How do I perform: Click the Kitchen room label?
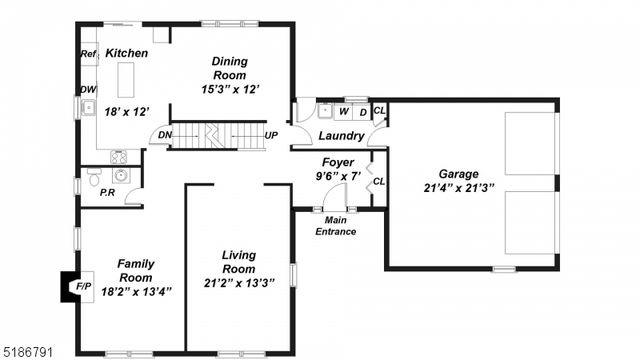click(127, 53)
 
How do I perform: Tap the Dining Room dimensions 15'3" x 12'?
click(230, 88)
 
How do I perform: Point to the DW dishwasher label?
click(88, 90)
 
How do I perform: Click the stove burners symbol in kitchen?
click(118, 156)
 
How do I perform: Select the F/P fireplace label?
click(84, 286)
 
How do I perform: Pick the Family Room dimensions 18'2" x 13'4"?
click(137, 292)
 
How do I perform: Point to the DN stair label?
click(165, 136)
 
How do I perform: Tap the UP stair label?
click(271, 135)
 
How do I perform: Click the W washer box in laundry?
click(343, 111)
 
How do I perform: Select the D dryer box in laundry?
click(362, 111)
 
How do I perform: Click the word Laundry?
click(340, 136)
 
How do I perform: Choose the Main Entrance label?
click(336, 226)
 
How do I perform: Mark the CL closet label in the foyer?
click(379, 181)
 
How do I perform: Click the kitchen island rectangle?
click(127, 77)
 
